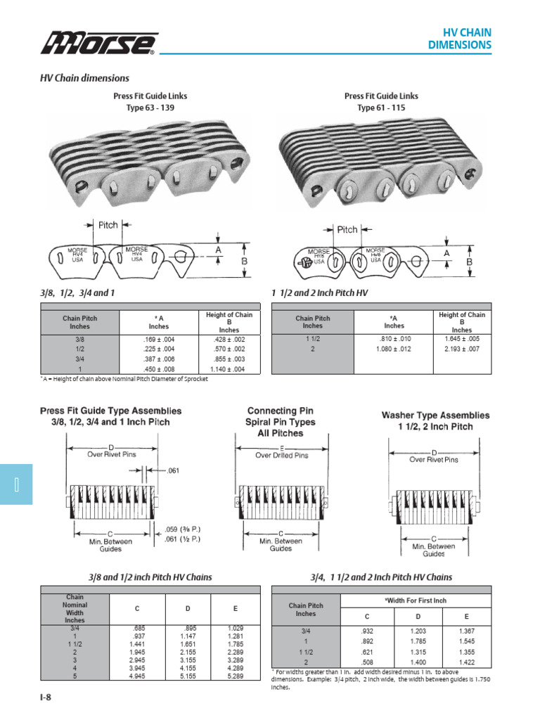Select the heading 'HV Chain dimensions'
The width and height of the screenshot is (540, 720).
coord(84,78)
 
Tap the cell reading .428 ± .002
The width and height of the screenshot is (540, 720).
coord(229,339)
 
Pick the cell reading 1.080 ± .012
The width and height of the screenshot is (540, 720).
coord(394,349)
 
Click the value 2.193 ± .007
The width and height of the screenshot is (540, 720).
coord(461,349)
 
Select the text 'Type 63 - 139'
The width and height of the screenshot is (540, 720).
coord(150,108)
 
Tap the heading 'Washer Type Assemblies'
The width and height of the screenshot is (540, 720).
coord(435,416)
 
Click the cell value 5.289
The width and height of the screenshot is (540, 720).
coord(236,676)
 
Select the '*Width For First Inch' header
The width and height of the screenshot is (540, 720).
coord(416,600)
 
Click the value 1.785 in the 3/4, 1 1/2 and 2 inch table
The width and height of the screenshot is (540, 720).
coord(418,641)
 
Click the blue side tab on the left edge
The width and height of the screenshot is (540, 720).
coord(16,484)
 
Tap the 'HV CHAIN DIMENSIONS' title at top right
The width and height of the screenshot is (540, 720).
coord(460,39)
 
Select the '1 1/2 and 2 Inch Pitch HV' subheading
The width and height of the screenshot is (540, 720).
coord(319,292)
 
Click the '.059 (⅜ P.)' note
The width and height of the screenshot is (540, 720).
coord(182,529)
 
